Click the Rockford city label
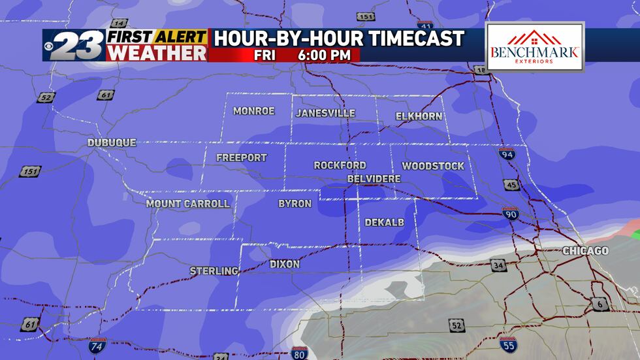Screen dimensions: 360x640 [340, 165]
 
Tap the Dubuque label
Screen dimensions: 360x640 [112, 142]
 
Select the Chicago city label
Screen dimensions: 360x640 [586, 251]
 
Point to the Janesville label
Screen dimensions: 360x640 [325, 113]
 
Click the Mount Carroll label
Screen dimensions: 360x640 [187, 204]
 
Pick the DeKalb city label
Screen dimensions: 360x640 [384, 223]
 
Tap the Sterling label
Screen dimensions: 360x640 [214, 270]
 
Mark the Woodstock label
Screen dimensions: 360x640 [433, 166]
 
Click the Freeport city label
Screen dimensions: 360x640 [241, 157]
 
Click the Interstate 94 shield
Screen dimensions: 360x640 [506, 155]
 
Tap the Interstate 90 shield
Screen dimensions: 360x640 [511, 213]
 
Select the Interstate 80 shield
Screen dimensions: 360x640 [299, 353]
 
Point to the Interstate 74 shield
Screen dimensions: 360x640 [97, 345]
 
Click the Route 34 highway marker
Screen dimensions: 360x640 [498, 265]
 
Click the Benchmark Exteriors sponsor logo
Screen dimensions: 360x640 [534, 48]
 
